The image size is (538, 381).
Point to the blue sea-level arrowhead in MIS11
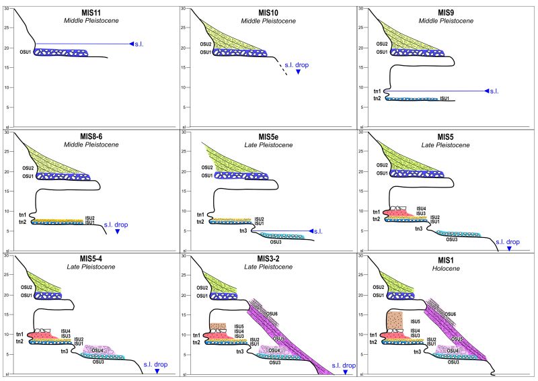tap(132, 44)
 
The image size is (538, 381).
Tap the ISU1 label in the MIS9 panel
tap(445, 98)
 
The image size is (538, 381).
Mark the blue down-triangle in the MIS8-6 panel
tap(118, 231)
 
